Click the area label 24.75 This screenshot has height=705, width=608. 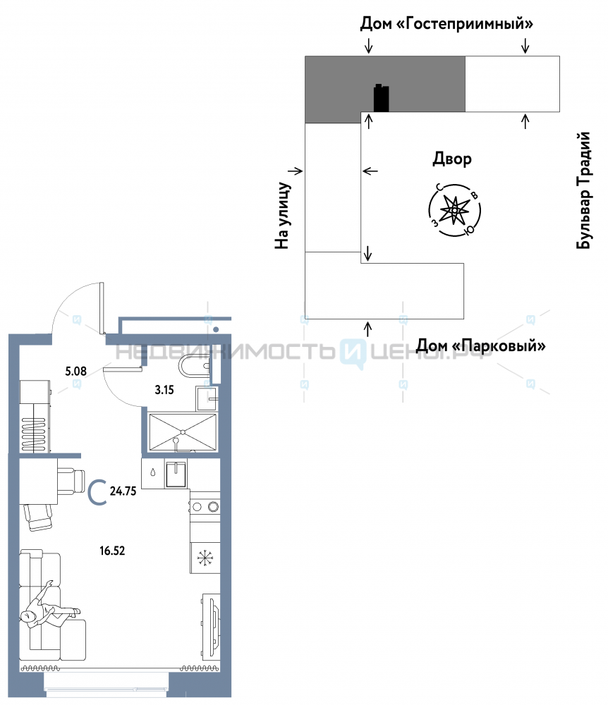pyautogui.click(x=123, y=491)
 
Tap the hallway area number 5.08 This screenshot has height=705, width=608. pyautogui.click(x=75, y=372)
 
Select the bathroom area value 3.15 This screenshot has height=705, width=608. pyautogui.click(x=164, y=390)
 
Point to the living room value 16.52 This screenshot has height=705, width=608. pyautogui.click(x=112, y=551)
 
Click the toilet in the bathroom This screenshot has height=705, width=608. pyautogui.click(x=195, y=366)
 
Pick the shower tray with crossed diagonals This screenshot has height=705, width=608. pyautogui.click(x=183, y=432)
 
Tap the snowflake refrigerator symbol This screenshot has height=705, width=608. pyautogui.click(x=205, y=558)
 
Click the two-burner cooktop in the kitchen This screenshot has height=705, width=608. pyautogui.click(x=205, y=507)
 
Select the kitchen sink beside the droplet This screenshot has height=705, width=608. pyautogui.click(x=176, y=474)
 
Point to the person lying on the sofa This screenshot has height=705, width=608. pyautogui.click(x=49, y=605)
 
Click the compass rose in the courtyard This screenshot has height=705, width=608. pyautogui.click(x=455, y=210)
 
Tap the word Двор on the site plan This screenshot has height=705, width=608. pyautogui.click(x=452, y=159)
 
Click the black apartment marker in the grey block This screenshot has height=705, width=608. pyautogui.click(x=382, y=97)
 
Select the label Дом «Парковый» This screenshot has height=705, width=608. pyautogui.click(x=480, y=345)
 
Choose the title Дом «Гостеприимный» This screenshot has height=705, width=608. pyautogui.click(x=446, y=23)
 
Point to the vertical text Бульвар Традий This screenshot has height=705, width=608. pyautogui.click(x=583, y=190)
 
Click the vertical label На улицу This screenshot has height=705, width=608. pyautogui.click(x=282, y=215)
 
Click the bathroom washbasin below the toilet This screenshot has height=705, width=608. pyautogui.click(x=207, y=398)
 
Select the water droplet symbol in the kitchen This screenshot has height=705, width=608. pyautogui.click(x=153, y=472)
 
